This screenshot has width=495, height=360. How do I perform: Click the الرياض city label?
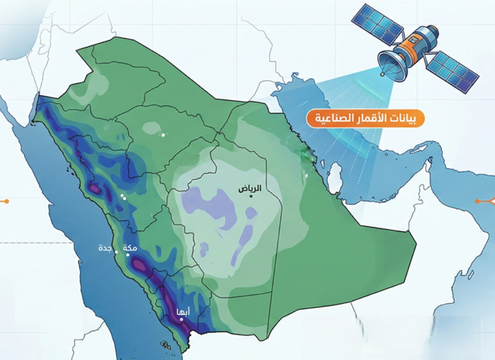tap(250, 189)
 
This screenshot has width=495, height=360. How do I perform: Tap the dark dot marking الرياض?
tap(250, 196)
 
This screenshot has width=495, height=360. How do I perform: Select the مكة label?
tap(130, 249)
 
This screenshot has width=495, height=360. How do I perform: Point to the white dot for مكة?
tap(128, 255)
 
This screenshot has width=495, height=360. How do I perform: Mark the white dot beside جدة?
tap(117, 252)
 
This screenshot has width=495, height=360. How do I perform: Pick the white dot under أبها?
tap(181, 319)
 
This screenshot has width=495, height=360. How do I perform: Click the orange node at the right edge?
tap(477, 201)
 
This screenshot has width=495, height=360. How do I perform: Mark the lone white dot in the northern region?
tap(163, 135)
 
